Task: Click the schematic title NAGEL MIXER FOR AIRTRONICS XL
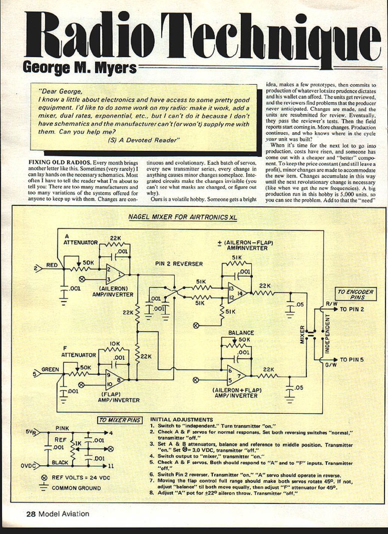(x=183, y=217)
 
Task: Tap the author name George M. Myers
(x=80, y=68)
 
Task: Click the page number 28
(x=31, y=514)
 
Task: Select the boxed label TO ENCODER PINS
(x=355, y=294)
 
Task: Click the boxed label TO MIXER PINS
(x=120, y=420)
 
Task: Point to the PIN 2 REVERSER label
(x=179, y=264)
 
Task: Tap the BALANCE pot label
(x=241, y=333)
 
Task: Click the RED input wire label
(x=52, y=265)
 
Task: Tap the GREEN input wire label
(x=50, y=369)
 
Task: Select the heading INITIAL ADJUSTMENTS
(x=181, y=420)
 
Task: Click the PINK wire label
(x=62, y=428)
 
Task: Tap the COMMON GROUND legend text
(x=76, y=488)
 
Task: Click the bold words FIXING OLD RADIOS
(x=59, y=163)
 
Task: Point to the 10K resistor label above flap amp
(x=115, y=343)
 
